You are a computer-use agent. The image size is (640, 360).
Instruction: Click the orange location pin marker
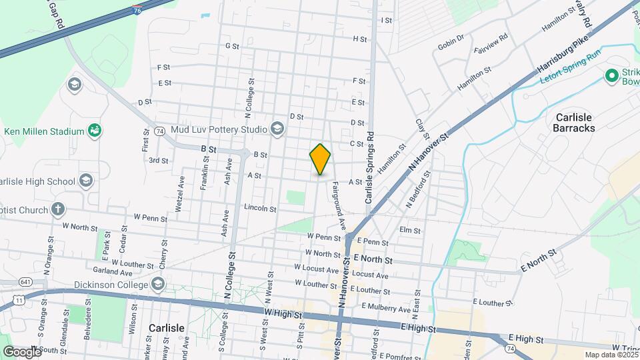pyautogui.click(x=321, y=159)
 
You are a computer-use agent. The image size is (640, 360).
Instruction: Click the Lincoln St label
pyautogui.click(x=260, y=209)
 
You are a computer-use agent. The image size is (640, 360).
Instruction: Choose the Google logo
pyautogui.click(x=23, y=351)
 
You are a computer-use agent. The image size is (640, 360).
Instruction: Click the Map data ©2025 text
pyautogui.click(x=610, y=355)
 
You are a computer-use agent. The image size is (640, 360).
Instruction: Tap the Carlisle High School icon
pyautogui.click(x=85, y=181)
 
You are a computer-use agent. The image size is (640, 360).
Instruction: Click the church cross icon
pyautogui.click(x=59, y=209)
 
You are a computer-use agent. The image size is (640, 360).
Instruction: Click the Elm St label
pyautogui.click(x=410, y=231)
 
